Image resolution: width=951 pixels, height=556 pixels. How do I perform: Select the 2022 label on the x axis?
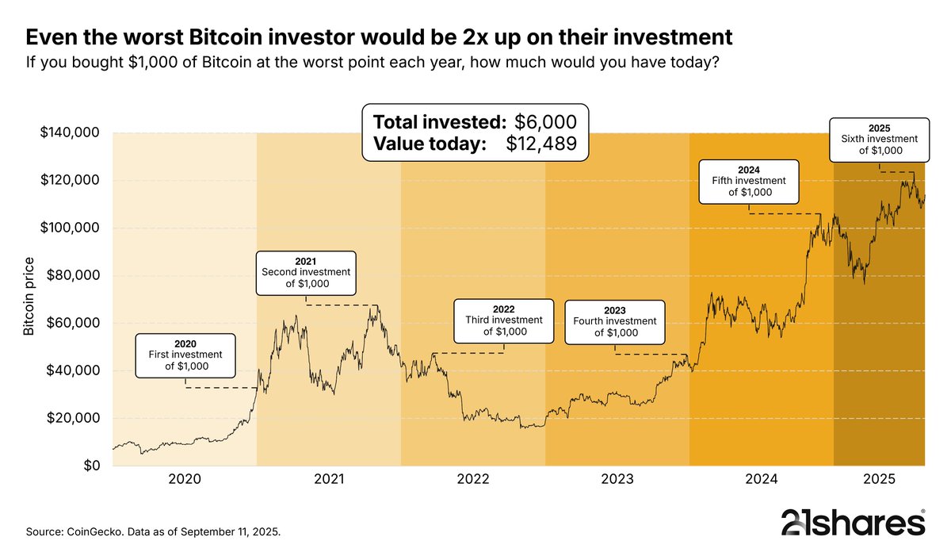pos(473,479)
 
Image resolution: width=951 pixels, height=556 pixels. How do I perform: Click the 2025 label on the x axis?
pos(879,479)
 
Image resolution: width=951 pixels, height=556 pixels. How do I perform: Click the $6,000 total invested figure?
pos(545,122)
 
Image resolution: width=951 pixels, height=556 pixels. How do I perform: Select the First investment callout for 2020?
pos(187,355)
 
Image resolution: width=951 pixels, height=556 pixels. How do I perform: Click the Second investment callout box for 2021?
pos(307,271)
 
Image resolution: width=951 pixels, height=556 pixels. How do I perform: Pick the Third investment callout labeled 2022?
pos(503,320)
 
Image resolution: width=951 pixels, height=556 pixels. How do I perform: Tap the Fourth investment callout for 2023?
pos(615,321)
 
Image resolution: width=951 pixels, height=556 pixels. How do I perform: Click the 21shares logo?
pos(853,523)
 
